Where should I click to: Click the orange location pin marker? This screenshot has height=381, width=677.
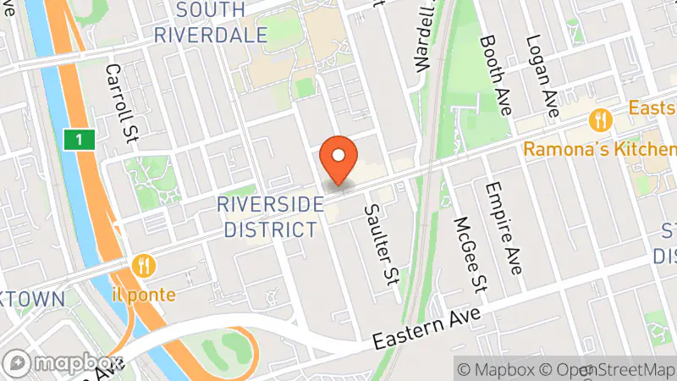339,161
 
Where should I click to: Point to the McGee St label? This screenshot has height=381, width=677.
471,255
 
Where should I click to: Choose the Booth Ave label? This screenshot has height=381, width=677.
498,75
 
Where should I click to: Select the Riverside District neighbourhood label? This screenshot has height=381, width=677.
268,217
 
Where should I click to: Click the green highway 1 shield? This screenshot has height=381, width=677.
78,138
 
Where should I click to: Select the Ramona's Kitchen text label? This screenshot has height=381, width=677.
600,149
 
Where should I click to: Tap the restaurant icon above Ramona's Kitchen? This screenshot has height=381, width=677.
602,119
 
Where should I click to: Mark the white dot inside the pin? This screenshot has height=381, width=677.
339,155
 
